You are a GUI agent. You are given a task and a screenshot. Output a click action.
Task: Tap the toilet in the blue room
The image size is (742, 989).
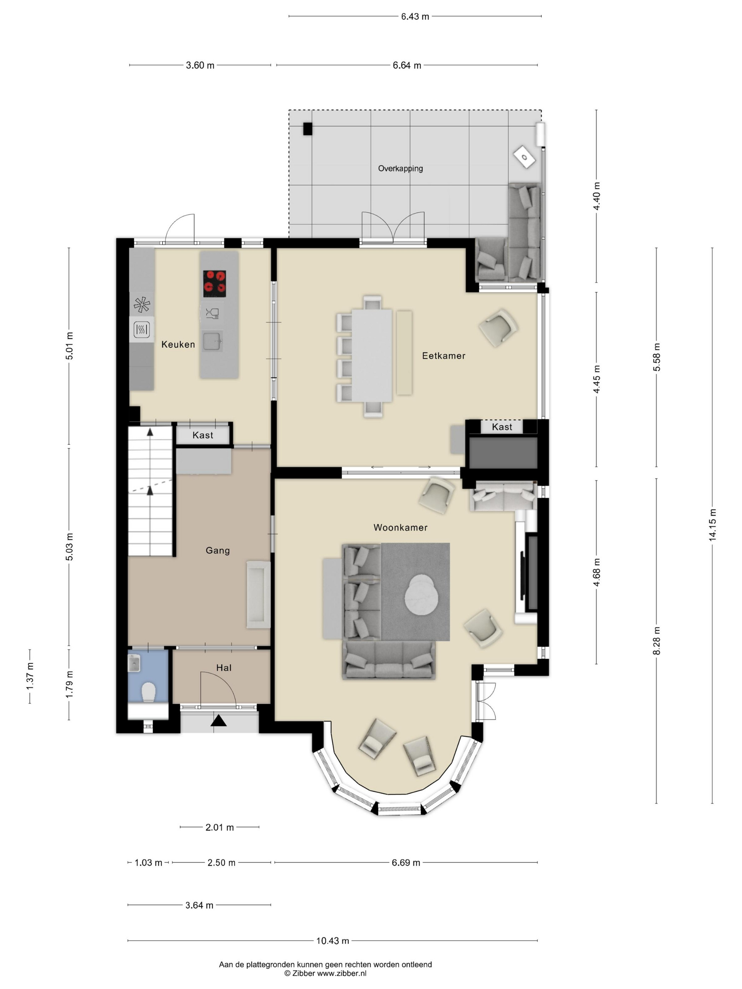click(x=148, y=693)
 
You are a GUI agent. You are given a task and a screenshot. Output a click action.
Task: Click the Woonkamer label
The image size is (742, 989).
click(x=400, y=528)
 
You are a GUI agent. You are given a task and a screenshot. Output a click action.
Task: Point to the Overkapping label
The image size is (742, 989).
click(x=400, y=168)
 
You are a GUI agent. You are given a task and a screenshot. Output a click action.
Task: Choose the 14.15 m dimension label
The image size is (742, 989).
click(x=712, y=525)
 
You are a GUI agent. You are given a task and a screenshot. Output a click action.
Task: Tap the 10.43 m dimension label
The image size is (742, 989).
click(x=332, y=941)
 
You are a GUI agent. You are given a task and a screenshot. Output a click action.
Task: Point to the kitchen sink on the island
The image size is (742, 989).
click(x=212, y=342)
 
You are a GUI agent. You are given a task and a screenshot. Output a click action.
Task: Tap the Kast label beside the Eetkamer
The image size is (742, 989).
click(x=502, y=427)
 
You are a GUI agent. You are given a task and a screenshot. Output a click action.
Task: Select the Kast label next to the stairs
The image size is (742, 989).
click(x=202, y=435)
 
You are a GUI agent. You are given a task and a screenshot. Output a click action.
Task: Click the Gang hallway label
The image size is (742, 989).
click(x=218, y=550)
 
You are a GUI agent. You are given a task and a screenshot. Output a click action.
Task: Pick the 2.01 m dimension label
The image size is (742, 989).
click(x=220, y=828)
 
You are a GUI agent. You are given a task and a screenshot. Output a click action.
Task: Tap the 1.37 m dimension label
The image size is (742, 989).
click(x=30, y=676)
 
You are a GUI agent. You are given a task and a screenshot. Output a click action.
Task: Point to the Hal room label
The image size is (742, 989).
click(x=224, y=668)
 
